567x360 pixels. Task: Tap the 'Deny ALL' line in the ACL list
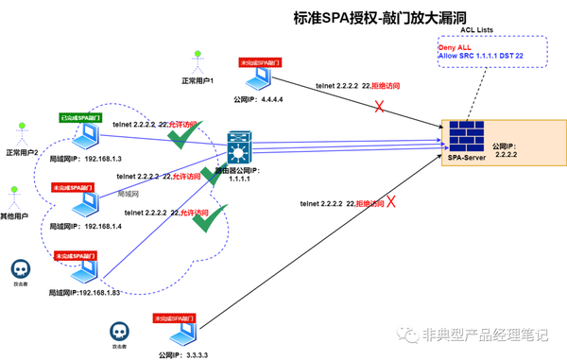pyautogui.click(x=455, y=47)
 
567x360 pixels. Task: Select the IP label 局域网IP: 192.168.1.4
pyautogui.click(x=93, y=228)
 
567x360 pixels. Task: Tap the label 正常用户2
pyautogui.click(x=21, y=152)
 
